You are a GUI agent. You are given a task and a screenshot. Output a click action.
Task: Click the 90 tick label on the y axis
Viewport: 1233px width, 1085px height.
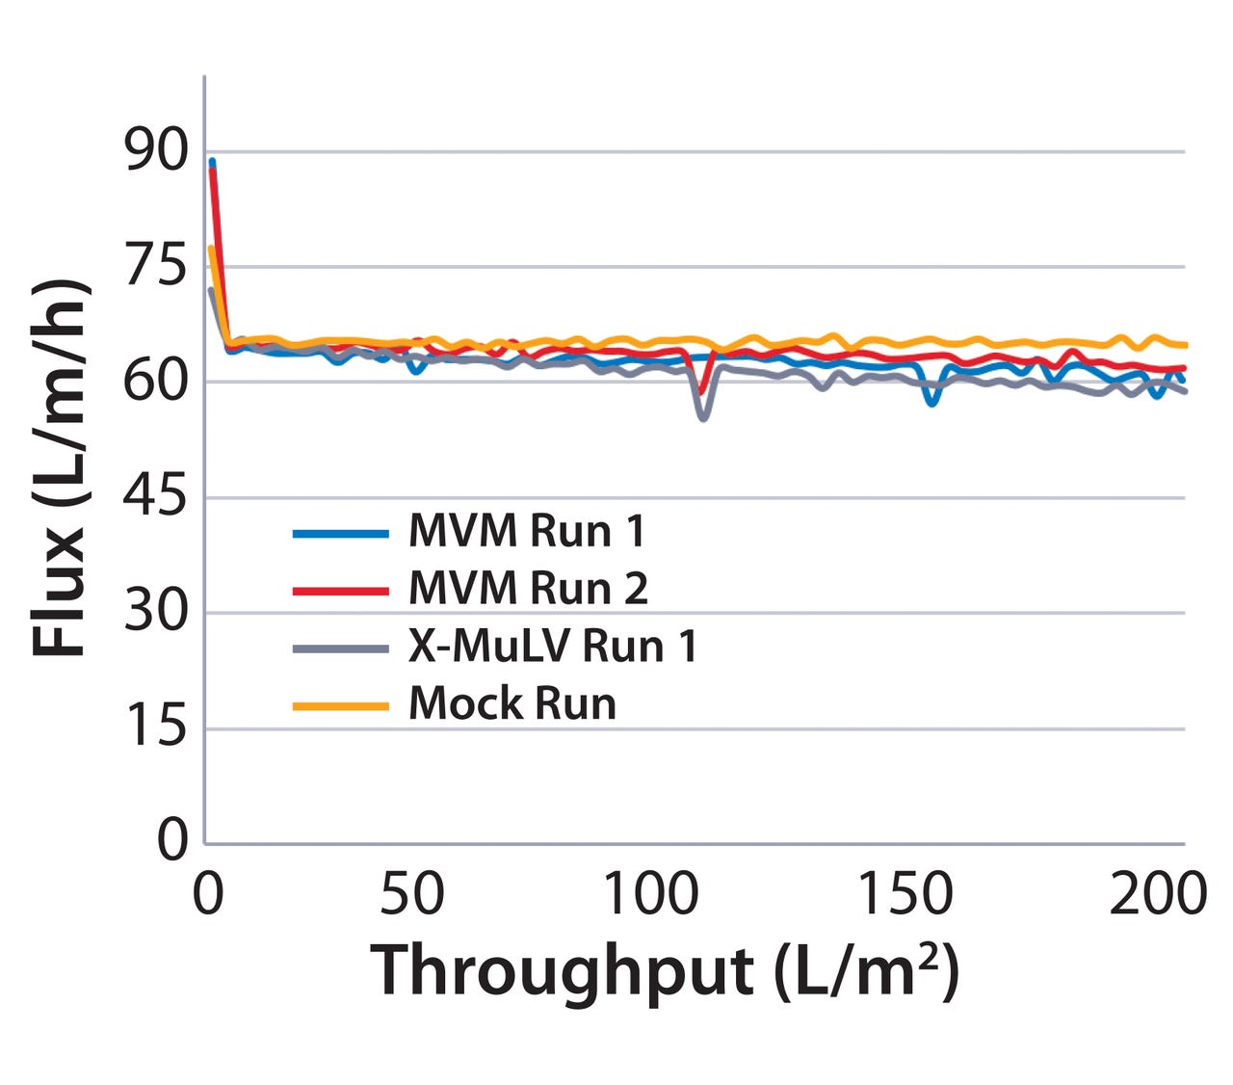(156, 151)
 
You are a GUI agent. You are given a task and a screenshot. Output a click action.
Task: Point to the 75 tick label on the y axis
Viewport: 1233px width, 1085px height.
(156, 266)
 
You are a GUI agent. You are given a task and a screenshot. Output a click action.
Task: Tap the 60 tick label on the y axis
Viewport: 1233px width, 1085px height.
(156, 382)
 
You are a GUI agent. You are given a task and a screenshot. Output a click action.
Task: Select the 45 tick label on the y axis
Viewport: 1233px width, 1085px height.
(156, 497)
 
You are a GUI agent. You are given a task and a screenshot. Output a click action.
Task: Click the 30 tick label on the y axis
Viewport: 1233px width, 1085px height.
(156, 612)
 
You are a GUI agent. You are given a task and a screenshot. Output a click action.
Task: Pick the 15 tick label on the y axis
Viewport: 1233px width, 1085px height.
(156, 728)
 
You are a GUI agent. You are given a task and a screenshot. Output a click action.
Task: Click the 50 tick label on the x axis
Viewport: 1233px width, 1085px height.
(412, 894)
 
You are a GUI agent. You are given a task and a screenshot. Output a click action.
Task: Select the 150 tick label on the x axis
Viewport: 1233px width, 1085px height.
(905, 894)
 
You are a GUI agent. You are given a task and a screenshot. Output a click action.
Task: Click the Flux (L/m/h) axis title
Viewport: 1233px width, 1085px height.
(60, 469)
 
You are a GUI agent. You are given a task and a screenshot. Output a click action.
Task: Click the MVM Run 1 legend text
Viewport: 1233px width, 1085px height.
(526, 531)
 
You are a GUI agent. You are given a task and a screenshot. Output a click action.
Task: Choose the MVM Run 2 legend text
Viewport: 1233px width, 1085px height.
(528, 588)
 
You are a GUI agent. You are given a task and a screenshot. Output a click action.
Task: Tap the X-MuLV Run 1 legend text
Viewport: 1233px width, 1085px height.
(552, 646)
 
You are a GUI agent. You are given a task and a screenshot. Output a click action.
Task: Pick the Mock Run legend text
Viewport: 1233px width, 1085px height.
(512, 703)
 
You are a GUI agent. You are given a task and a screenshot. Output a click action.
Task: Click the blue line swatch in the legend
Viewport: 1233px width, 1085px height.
(341, 533)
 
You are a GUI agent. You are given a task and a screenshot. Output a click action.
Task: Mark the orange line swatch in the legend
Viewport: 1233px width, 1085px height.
(341, 705)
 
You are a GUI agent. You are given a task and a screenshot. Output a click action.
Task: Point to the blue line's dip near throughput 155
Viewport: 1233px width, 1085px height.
(931, 402)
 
